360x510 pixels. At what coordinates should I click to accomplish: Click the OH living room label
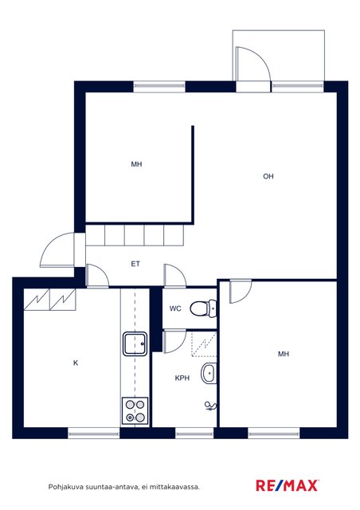268,176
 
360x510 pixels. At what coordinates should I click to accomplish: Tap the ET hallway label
135,264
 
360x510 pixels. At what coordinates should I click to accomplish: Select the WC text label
175,308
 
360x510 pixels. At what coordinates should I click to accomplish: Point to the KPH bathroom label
182,378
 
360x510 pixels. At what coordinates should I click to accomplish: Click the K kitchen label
76,363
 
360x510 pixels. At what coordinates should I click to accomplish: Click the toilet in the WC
203,308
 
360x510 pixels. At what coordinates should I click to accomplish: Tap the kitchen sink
135,343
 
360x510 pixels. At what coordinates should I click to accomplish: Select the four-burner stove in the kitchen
135,411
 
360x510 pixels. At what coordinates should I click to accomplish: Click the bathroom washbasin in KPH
209,374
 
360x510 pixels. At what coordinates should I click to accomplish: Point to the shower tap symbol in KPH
210,406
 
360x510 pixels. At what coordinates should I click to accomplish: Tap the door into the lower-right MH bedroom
241,292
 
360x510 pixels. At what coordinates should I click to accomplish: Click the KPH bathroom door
174,342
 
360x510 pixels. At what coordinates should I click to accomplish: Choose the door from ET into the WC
175,276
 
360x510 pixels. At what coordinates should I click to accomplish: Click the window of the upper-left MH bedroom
159,86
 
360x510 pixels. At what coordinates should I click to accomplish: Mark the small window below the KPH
194,433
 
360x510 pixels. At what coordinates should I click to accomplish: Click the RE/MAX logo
287,485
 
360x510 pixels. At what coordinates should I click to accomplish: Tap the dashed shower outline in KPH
204,343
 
